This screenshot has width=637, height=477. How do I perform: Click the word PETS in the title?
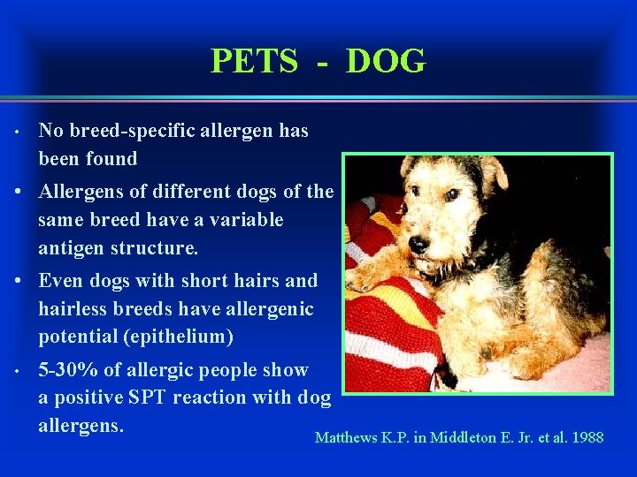point(254,62)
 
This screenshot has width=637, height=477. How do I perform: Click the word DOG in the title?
point(386,62)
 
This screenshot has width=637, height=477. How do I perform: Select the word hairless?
point(73,309)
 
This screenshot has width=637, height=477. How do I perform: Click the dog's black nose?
point(418,241)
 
